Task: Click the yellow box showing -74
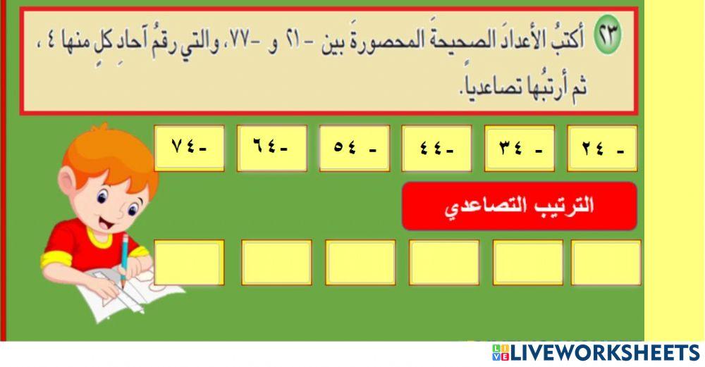189,148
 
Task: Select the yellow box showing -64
271,148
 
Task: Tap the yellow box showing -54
354,148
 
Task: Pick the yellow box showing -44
436,148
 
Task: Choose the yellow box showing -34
519,148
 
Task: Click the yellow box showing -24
602,148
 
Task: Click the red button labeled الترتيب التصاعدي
519,206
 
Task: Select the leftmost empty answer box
189,262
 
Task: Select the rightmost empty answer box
606,262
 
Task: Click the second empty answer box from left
276,262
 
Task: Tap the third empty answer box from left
360,262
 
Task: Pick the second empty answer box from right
527,262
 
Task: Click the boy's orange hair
109,151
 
